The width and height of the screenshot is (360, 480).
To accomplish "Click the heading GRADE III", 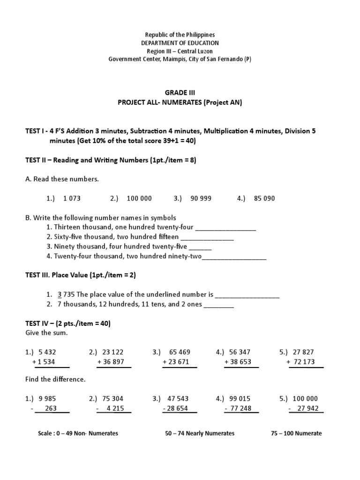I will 180,93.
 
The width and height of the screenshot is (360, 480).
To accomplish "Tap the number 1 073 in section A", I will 71,198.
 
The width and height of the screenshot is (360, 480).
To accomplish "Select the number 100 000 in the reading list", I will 139,198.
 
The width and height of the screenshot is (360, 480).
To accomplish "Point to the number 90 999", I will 201,198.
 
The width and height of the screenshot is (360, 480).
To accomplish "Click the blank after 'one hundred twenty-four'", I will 225,228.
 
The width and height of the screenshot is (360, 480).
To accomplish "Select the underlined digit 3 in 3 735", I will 60,294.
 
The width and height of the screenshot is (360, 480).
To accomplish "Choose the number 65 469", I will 179,352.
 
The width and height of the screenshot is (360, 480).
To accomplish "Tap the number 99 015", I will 240,398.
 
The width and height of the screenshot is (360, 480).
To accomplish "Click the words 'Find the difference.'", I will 55,379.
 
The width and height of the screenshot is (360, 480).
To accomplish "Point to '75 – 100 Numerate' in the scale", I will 296,433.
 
